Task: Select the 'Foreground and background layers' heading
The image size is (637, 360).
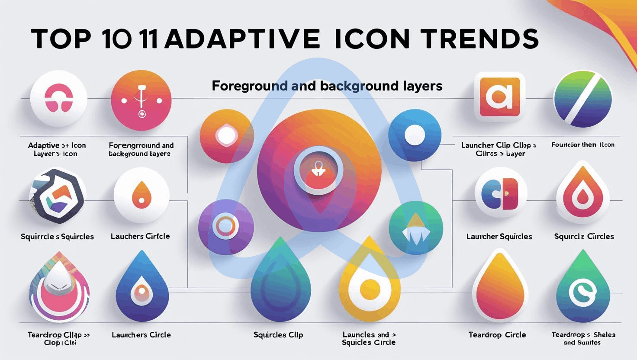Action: point(327,86)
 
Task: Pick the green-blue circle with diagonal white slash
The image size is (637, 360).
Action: point(582,99)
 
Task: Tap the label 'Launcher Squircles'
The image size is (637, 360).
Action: point(499,236)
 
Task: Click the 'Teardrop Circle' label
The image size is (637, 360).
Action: point(497,334)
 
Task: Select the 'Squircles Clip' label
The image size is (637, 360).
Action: point(278,334)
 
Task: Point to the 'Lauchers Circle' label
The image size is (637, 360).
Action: point(140,236)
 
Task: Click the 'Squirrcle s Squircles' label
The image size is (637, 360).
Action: point(57,236)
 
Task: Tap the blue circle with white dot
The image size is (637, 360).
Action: point(415,135)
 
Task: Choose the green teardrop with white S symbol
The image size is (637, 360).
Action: point(582,288)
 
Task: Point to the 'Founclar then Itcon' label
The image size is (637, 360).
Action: point(582,145)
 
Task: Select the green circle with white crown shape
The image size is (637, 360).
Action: point(415,228)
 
